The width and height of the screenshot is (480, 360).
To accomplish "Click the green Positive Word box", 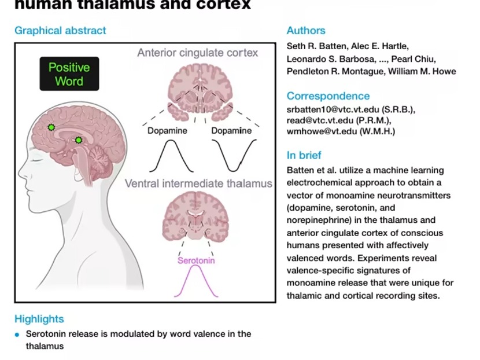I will pyautogui.click(x=69, y=74).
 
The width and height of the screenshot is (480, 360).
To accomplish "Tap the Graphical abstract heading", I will pyautogui.click(x=60, y=31).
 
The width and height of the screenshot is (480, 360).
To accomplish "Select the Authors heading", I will pyautogui.click(x=306, y=31).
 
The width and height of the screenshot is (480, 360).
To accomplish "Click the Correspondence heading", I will pyautogui.click(x=328, y=96).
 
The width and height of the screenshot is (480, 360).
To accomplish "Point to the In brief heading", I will pyautogui.click(x=304, y=155).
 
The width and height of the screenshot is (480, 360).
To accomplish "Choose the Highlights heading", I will pyautogui.click(x=39, y=319).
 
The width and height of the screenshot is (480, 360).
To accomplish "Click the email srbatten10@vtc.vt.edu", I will pyautogui.click(x=327, y=109).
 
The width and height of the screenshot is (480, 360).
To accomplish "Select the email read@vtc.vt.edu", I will pyautogui.click(x=318, y=120).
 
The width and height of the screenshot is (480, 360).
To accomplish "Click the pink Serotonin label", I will pyautogui.click(x=196, y=260).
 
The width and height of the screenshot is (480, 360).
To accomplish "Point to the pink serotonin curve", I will pyautogui.click(x=196, y=281).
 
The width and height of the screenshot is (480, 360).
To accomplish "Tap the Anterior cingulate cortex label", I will pyautogui.click(x=197, y=53).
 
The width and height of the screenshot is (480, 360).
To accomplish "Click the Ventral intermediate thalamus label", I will pyautogui.click(x=198, y=183).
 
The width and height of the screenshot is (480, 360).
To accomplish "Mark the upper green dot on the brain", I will pyautogui.click(x=51, y=127).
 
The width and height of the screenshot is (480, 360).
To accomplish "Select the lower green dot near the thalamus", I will pyautogui.click(x=79, y=139).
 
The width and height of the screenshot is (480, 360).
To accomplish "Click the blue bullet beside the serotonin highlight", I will pyautogui.click(x=18, y=334).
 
